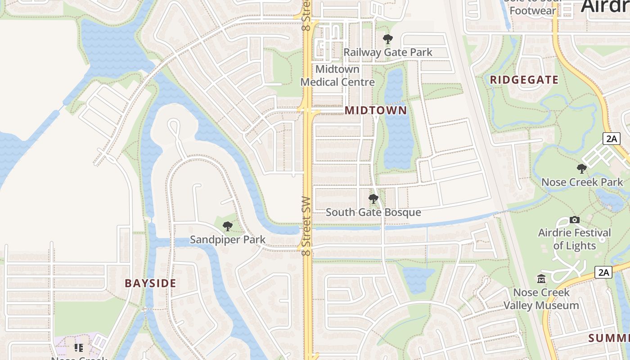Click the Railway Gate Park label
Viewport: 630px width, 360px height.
(x=387, y=52)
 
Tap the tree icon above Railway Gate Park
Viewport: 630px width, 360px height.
(x=387, y=39)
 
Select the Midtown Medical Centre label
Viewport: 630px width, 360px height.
(x=337, y=76)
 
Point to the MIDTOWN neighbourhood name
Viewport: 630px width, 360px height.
(x=376, y=110)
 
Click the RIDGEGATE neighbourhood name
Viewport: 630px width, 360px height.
(x=524, y=80)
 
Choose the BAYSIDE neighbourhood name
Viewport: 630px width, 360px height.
(x=150, y=283)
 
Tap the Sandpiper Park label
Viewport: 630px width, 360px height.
(x=228, y=239)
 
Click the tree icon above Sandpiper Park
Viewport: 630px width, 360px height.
(x=228, y=226)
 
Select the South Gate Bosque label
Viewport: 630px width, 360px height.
(x=373, y=212)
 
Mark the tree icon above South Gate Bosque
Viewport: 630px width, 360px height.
(x=373, y=198)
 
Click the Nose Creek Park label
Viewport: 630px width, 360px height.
(x=582, y=182)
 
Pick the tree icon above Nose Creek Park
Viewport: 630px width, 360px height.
(x=582, y=169)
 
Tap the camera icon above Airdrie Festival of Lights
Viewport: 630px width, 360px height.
(x=575, y=220)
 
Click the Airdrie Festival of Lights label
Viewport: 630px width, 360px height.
(x=575, y=239)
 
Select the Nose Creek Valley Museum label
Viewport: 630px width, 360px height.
(x=541, y=299)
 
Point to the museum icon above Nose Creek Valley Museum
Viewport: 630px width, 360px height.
(x=541, y=279)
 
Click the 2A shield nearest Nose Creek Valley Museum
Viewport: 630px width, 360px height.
(x=603, y=272)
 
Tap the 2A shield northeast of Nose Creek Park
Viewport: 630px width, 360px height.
(x=612, y=139)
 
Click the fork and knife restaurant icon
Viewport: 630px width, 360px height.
(x=79, y=348)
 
